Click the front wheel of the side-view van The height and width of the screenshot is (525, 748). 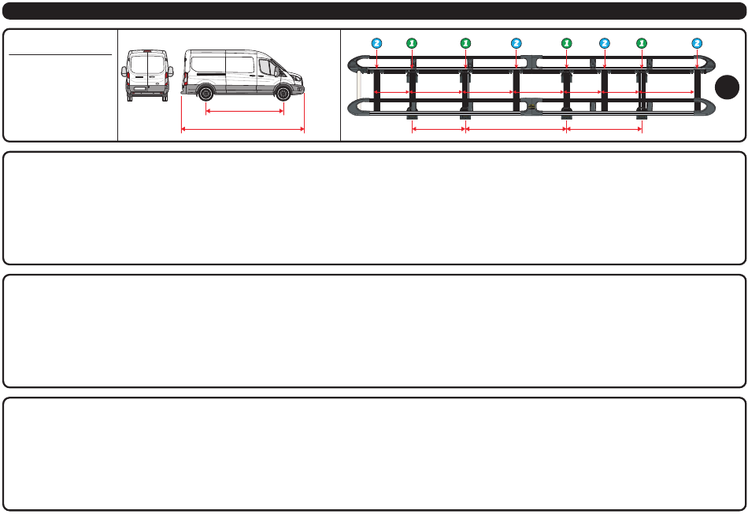(283, 93)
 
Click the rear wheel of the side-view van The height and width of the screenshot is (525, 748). (206, 93)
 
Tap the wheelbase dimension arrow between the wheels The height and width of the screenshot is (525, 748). (244, 111)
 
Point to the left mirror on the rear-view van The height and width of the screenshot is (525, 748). (124, 70)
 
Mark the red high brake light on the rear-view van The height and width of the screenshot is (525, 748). (146, 51)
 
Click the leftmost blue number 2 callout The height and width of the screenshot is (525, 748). (377, 43)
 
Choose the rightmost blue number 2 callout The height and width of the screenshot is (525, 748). (697, 43)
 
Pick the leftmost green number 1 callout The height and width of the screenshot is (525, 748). (410, 43)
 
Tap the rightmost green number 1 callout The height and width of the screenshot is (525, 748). (642, 43)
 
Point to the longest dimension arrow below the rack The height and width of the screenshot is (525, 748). (516, 129)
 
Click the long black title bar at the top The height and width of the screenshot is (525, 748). (374, 11)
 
